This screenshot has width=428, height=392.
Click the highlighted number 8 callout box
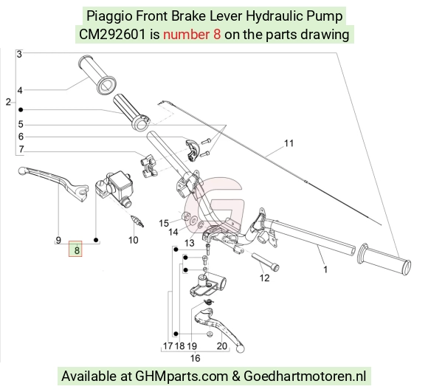75,249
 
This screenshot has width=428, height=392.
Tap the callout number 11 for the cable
289,143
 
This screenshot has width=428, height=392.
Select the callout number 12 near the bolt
264,278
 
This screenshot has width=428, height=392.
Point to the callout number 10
134,240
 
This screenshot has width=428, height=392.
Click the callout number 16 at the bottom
195,358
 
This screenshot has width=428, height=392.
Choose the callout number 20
222,346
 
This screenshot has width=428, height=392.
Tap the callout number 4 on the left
20,90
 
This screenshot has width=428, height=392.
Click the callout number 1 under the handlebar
325,269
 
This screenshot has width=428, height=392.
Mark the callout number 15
164,223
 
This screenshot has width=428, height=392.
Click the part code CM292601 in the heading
112,35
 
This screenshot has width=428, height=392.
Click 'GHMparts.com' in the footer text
182,376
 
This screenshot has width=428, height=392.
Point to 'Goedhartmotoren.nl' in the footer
305,376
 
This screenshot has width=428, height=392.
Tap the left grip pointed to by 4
97,75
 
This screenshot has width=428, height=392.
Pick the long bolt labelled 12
265,261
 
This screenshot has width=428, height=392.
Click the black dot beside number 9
96,240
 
